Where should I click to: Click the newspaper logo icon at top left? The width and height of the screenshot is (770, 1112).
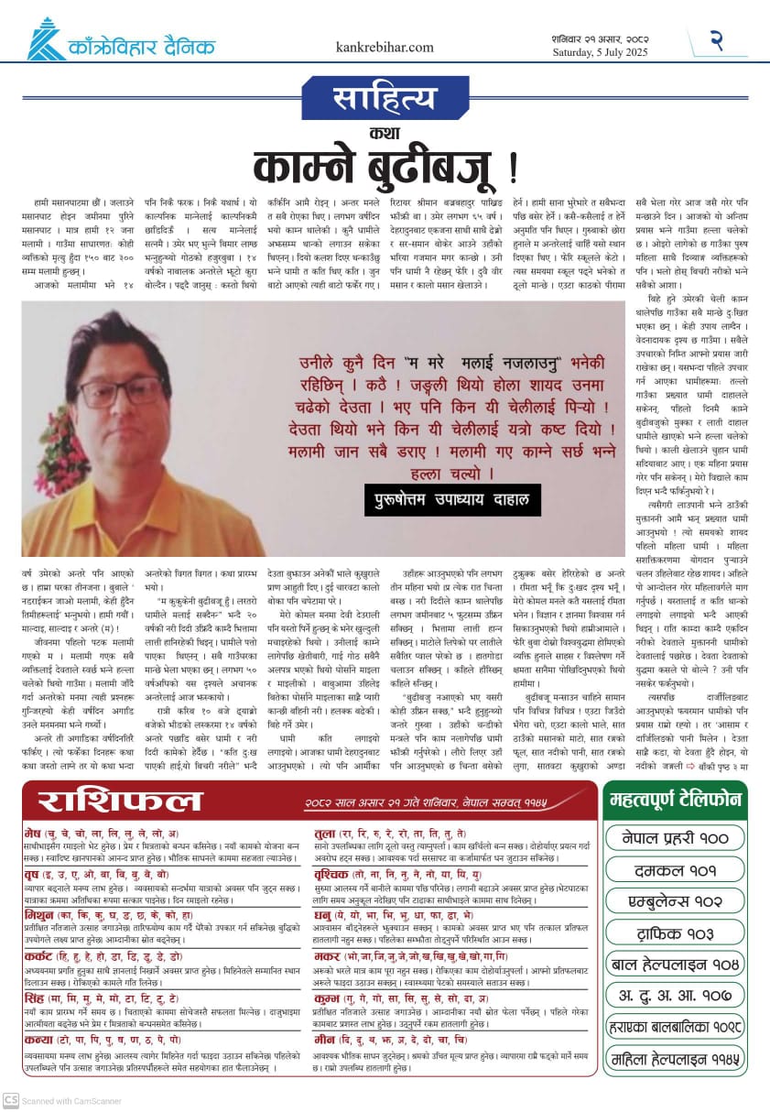tap(44, 40)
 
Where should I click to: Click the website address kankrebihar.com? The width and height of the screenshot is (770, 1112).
tap(385, 47)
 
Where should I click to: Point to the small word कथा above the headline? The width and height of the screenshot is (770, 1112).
tap(384, 132)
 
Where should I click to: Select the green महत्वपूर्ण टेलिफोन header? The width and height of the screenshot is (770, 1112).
tap(676, 800)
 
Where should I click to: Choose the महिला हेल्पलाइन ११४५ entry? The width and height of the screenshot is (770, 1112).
tap(676, 1060)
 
